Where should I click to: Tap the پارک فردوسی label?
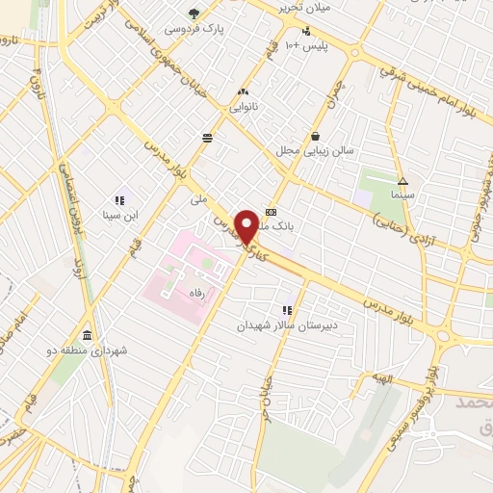click(194, 29)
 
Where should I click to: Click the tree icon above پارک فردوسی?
click(194, 13)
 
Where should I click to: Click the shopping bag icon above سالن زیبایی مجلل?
click(315, 135)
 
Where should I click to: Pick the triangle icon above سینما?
click(402, 180)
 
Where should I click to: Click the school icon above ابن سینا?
click(120, 200)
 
